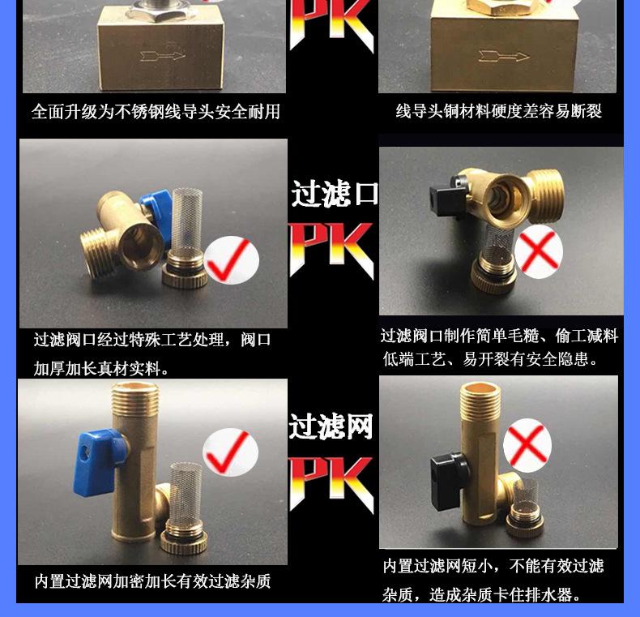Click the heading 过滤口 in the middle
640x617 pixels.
(x=335, y=195)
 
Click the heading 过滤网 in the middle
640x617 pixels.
(x=331, y=426)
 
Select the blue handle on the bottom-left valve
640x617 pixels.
(x=96, y=454)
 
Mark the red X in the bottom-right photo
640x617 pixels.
(x=527, y=445)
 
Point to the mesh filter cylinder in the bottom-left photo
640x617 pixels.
(x=188, y=495)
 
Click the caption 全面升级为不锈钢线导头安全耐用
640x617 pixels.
(x=156, y=112)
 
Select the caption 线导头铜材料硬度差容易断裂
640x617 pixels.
(x=498, y=111)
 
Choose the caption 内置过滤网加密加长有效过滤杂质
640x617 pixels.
(x=152, y=581)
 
